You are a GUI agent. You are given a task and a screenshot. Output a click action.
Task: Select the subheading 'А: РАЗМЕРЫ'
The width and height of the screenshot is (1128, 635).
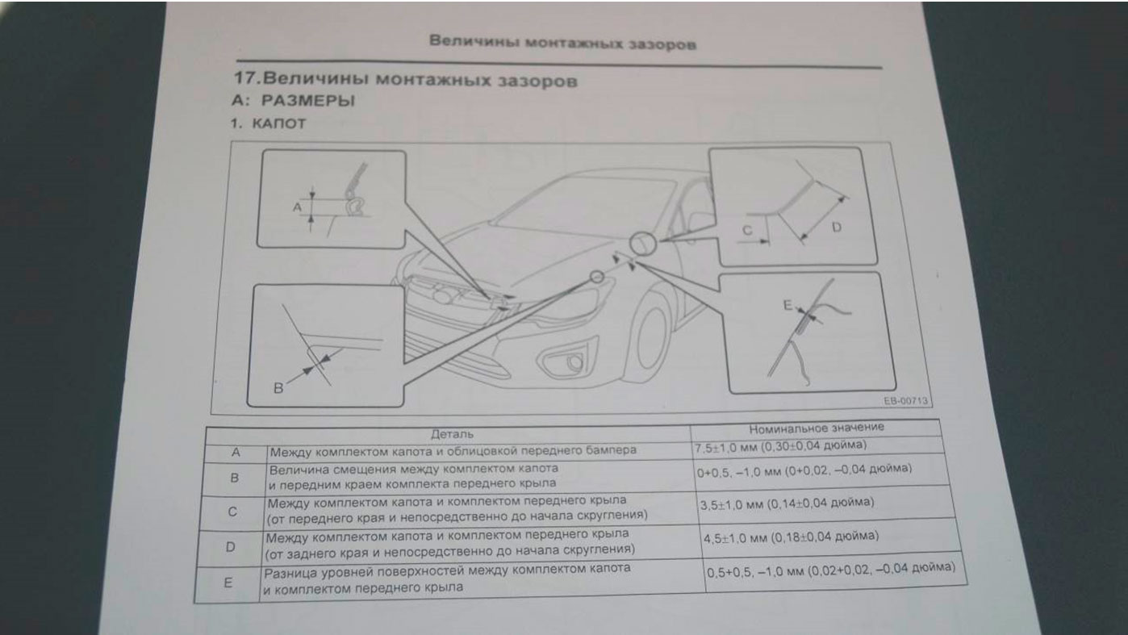pos(294,102)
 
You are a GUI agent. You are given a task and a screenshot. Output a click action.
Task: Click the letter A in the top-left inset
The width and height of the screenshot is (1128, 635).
pos(296,207)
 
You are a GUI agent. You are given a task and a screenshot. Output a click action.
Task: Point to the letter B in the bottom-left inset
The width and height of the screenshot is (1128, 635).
pos(278,387)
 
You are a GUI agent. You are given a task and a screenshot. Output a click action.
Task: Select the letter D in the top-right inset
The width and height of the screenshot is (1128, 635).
pos(836,228)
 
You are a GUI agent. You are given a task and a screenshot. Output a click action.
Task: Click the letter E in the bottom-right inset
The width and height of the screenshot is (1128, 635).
pos(788,305)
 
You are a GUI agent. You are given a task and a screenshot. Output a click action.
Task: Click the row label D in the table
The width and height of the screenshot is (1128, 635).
pos(230,547)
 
